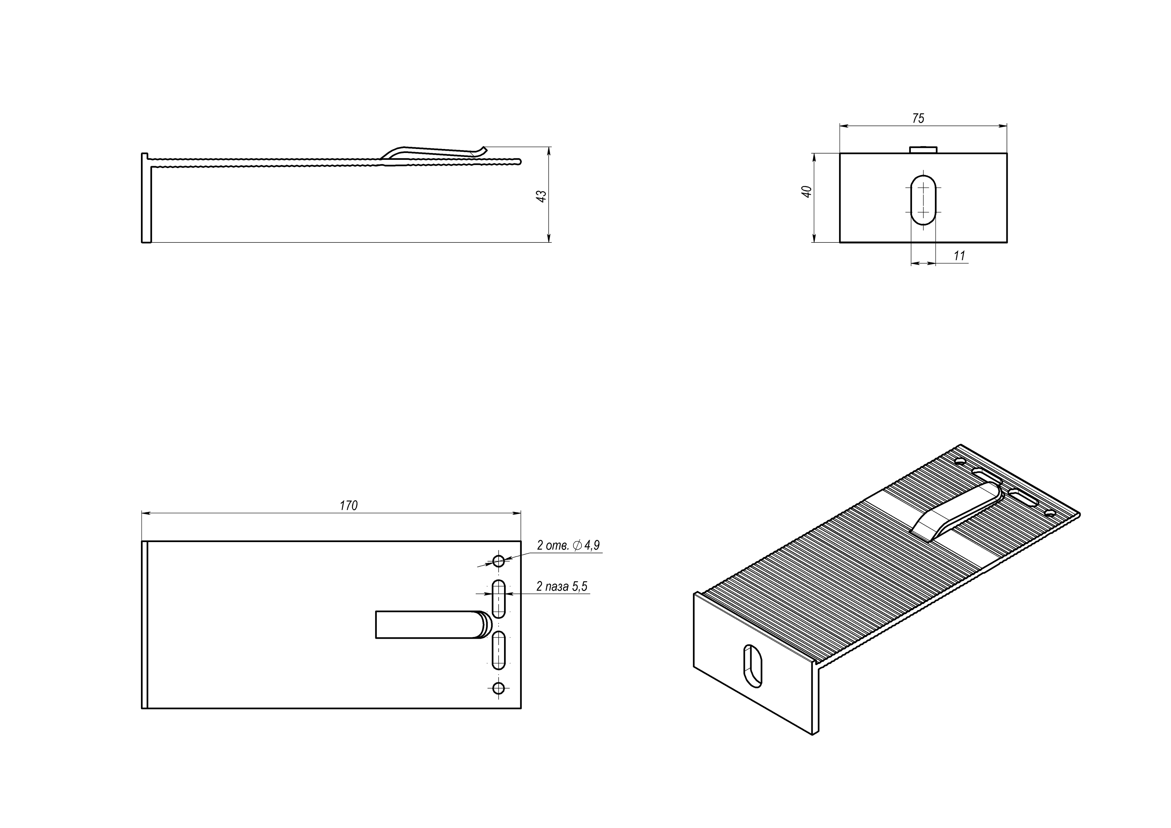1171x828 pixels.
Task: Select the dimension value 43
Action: point(542,196)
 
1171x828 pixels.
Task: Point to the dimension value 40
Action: point(807,192)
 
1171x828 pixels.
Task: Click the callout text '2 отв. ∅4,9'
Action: point(568,545)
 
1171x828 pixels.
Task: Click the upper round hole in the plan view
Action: point(498,561)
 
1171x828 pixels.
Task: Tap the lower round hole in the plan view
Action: point(498,688)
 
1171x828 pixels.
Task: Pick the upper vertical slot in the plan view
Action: point(498,599)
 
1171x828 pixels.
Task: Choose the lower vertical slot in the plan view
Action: point(498,650)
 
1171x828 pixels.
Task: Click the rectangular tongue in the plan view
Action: point(429,624)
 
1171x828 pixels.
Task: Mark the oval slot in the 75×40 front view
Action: point(923,200)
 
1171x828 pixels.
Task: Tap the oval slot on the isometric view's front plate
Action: point(753,666)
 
